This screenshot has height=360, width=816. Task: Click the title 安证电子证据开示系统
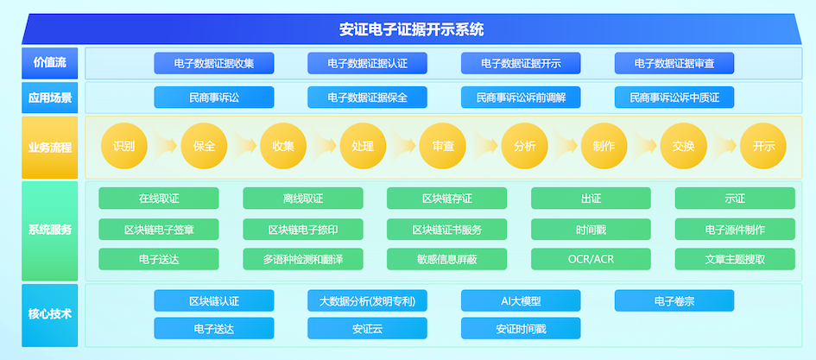[412, 29]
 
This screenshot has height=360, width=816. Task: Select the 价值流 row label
[49, 63]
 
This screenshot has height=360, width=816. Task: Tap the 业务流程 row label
[49, 148]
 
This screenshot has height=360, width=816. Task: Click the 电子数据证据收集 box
[214, 64]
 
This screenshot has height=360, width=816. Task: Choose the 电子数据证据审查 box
[674, 64]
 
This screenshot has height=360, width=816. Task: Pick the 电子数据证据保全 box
[367, 98]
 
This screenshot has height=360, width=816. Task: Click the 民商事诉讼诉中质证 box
[674, 98]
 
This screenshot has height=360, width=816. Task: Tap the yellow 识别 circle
[124, 146]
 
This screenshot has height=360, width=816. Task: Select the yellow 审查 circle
[443, 146]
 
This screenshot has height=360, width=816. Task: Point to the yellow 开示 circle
[763, 146]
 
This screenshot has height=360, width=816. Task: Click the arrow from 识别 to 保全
[164, 146]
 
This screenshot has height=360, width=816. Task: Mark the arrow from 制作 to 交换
[644, 146]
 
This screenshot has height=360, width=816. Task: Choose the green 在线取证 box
[159, 199]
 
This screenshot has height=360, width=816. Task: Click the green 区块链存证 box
[447, 199]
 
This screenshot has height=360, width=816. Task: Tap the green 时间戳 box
[591, 230]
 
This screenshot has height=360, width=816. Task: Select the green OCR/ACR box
[591, 259]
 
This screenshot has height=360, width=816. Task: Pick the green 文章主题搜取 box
[736, 259]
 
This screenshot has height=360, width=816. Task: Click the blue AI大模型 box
[521, 300]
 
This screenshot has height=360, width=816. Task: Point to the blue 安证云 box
[367, 328]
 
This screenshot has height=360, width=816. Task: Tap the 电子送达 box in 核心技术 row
[214, 328]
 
